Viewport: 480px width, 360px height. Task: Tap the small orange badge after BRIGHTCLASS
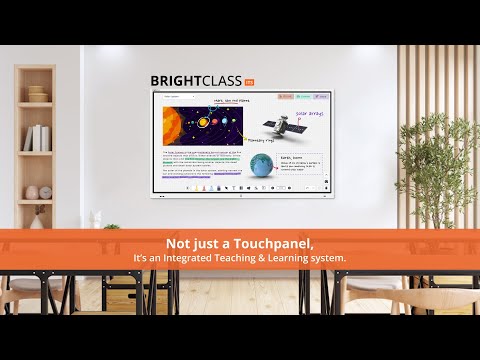(249, 81)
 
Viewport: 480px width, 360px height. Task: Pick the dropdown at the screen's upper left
(175, 97)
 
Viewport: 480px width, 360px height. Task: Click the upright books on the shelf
(38, 138)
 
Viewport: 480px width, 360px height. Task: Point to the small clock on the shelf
(32, 191)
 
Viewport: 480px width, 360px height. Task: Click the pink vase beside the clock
(46, 190)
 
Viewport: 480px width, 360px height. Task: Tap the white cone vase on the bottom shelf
(36, 219)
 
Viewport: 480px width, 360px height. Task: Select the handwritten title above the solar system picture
(229, 100)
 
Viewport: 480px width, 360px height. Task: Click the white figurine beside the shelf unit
(93, 218)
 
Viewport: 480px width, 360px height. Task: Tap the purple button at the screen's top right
(320, 97)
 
